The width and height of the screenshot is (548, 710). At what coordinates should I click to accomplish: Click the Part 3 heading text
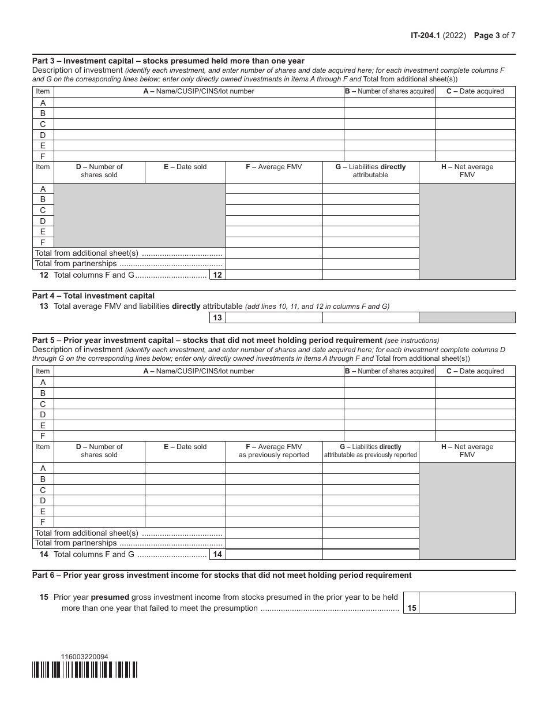(x=168, y=61)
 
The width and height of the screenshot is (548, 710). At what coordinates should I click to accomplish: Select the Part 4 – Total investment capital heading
(x=93, y=296)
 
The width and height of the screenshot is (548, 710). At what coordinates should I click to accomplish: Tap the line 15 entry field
(x=467, y=603)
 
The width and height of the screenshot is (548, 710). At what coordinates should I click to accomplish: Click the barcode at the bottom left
(x=85, y=670)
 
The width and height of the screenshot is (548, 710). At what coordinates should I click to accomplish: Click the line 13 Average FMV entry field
(x=274, y=317)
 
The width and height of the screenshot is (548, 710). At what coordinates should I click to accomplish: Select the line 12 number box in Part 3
(x=217, y=275)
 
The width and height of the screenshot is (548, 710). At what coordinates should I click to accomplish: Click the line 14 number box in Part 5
(x=217, y=555)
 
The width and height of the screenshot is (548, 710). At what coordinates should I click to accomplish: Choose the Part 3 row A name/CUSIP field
(x=198, y=103)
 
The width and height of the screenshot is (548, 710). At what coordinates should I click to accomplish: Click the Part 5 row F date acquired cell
(x=475, y=436)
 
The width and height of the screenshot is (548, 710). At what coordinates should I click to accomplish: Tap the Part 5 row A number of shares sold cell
(x=99, y=468)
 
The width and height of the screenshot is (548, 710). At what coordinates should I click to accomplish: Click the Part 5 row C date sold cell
(x=185, y=490)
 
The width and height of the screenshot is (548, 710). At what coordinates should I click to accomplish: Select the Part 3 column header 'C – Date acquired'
(x=475, y=91)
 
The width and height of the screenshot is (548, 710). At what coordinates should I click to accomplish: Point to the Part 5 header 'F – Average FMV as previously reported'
(x=274, y=451)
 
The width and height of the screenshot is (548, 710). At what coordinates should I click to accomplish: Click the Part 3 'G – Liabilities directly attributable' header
(x=370, y=171)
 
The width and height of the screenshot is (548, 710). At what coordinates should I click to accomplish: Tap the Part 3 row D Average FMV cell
(x=274, y=221)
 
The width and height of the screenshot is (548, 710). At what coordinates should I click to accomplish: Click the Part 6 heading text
(x=222, y=575)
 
